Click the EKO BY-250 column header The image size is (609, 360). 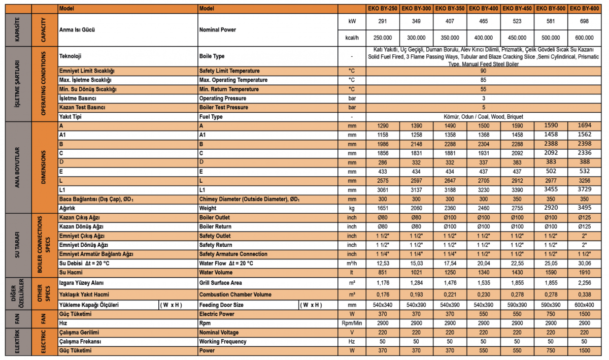[383, 9]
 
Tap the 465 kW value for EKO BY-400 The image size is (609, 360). [484, 22]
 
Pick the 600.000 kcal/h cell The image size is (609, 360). [584, 38]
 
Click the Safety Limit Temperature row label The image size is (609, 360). [229, 71]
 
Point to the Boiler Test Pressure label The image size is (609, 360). [224, 108]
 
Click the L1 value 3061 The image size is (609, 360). [383, 190]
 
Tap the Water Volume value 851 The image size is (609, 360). [383, 272]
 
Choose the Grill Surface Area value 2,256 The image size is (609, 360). [584, 282]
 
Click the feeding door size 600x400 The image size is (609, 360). [584, 305]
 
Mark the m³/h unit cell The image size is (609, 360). [352, 263]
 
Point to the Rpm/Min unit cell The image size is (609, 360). [352, 323]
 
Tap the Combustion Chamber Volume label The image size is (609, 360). [235, 294]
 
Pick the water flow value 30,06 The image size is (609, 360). [584, 263]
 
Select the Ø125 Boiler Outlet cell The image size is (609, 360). [584, 217]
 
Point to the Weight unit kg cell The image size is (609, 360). [352, 208]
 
